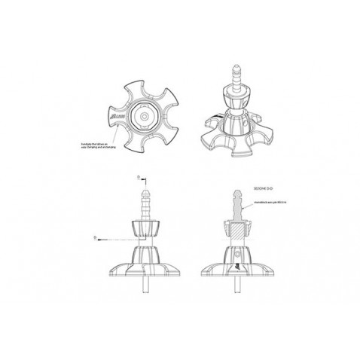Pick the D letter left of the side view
click(96, 236)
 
